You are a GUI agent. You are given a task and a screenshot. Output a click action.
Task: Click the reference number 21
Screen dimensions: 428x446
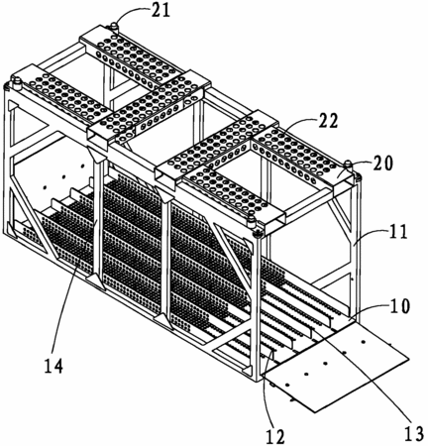pyautogui.click(x=160, y=10)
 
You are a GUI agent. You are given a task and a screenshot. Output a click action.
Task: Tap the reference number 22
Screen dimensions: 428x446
pyautogui.click(x=328, y=121)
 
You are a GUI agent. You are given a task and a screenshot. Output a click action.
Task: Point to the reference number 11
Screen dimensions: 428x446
pyautogui.click(x=396, y=232)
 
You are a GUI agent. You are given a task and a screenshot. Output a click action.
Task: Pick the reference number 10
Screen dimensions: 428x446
pyautogui.click(x=398, y=306)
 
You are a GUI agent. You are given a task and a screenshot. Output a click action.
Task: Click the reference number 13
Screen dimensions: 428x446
pyautogui.click(x=413, y=433)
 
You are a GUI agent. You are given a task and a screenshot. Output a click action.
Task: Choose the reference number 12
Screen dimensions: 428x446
pyautogui.click(x=275, y=437)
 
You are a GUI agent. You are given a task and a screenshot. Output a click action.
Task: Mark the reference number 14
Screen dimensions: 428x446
pyautogui.click(x=53, y=366)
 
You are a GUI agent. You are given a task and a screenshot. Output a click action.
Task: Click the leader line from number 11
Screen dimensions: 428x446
pyautogui.click(x=370, y=237)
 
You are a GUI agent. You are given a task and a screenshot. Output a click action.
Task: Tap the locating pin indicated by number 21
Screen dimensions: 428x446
pyautogui.click(x=114, y=27)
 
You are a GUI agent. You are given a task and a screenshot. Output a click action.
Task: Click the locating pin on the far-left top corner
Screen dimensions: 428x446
pyautogui.click(x=17, y=82)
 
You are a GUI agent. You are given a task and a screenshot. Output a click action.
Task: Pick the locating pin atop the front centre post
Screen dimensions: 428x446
pyautogui.click(x=252, y=221)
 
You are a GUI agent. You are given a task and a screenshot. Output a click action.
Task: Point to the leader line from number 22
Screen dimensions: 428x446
pyautogui.click(x=298, y=124)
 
